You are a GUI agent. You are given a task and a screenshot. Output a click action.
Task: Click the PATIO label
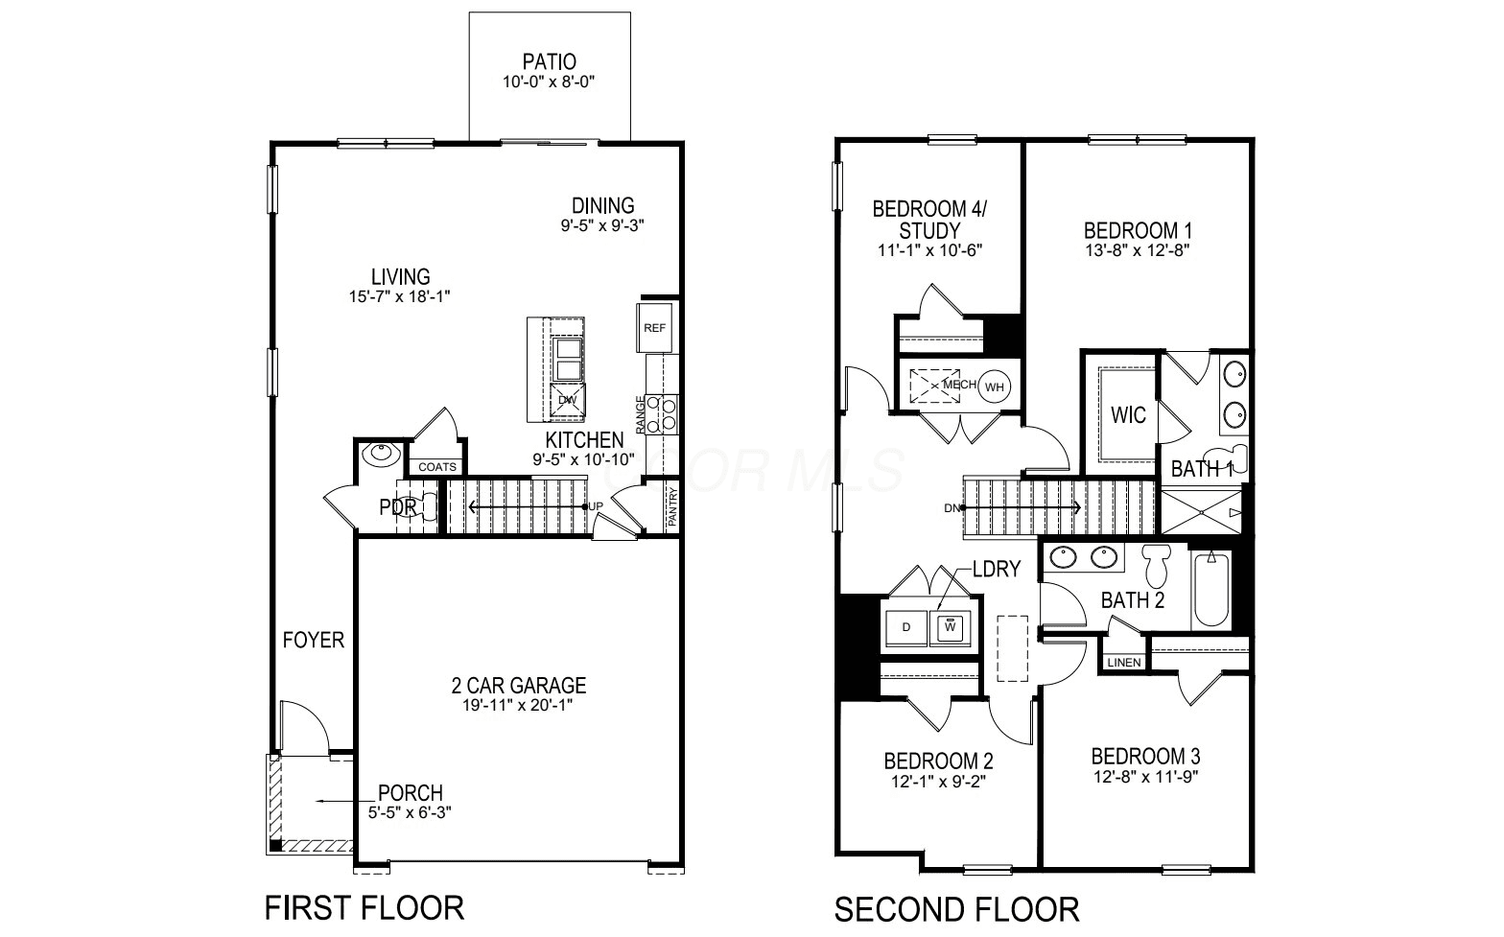pos(550,61)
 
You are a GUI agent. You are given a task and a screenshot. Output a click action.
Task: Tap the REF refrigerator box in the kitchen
pos(654,328)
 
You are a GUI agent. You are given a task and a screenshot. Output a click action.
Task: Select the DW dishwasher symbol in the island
pos(568,401)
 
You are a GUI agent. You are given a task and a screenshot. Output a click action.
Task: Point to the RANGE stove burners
pos(662,414)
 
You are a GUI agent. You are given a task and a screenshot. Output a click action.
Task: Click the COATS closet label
pos(437,466)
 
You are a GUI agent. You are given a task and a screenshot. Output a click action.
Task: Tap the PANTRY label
pos(672,506)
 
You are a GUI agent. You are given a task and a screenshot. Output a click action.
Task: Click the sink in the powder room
pos(382,454)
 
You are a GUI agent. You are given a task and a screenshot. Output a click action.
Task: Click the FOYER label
pos(314,641)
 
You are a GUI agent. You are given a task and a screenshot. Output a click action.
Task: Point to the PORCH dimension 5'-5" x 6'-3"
pos(410,813)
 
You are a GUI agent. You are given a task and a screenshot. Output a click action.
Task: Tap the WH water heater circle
pos(995,387)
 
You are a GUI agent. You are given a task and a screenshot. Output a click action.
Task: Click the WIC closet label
pos(1128,415)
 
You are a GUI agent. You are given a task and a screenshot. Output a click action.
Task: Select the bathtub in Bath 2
pos(1212,589)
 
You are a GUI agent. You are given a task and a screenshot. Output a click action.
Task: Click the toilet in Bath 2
pos(1157,565)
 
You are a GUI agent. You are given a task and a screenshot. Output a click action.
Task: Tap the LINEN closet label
pos(1124,663)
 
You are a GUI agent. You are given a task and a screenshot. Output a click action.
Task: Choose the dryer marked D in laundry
pos(906,627)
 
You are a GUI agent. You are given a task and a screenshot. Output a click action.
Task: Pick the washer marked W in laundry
pos(950,627)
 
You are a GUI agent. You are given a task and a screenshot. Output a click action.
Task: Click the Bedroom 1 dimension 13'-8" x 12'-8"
pos(1138,250)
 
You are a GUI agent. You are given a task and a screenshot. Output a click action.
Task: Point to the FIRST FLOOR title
pos(364,908)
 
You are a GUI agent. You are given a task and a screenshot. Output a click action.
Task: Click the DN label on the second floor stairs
pos(952,508)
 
